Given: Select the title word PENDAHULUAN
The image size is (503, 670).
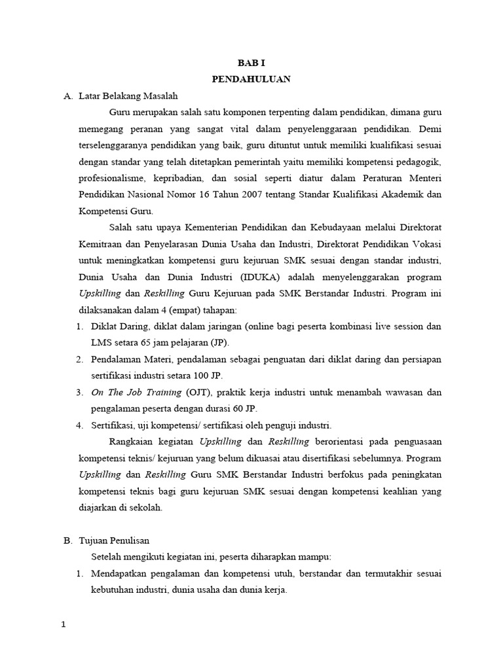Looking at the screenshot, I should point(251,80).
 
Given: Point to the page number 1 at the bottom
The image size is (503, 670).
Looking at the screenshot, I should point(64,625).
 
